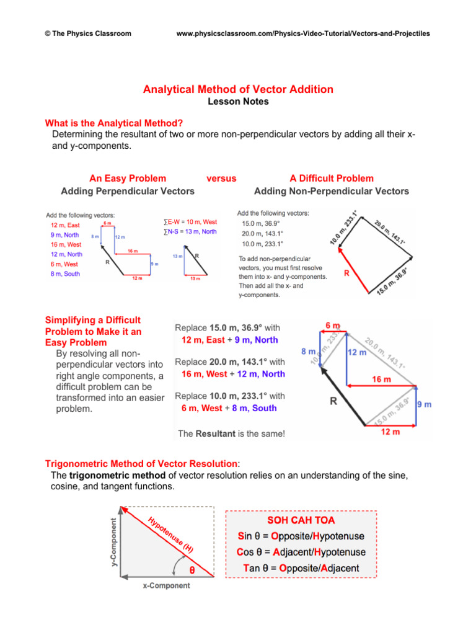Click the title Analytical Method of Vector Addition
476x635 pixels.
pos(238,89)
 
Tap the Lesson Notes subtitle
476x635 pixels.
pos(238,102)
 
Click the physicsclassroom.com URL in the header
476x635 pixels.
pos(303,33)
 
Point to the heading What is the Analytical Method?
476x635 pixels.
pos(114,123)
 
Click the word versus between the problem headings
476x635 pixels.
pos(221,179)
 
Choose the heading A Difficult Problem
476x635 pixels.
pos(332,179)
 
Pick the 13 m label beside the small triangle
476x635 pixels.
pos(177,256)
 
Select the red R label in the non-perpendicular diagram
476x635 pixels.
pos(347,272)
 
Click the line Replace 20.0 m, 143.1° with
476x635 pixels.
pos(230,362)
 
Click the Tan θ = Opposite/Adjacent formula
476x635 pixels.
pos(298,568)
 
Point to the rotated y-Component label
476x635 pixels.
pos(113,542)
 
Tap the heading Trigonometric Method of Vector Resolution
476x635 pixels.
pos(141,463)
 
